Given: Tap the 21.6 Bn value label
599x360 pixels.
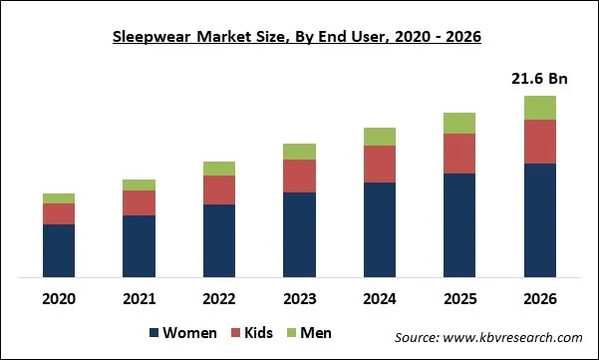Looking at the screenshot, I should click(539, 78).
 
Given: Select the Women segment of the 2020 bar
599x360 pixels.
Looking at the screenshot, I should click(59, 250).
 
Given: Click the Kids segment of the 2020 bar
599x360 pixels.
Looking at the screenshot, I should click(59, 213).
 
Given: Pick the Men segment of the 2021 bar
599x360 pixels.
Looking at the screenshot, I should click(139, 184).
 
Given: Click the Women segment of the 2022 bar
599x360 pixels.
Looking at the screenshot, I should click(219, 240).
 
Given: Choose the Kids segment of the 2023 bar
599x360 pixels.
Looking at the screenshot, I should click(299, 176).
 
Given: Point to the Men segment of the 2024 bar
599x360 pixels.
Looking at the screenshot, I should click(380, 137).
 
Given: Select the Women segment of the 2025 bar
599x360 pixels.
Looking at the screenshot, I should click(459, 224).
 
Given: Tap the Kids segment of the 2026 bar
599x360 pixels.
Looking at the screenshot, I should click(539, 142).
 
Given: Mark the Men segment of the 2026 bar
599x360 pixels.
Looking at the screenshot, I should click(539, 108).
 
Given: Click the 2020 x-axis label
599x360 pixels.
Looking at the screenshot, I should click(59, 297).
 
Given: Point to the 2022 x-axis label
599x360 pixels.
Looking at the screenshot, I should click(219, 297).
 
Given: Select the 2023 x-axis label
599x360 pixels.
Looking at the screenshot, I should click(299, 297).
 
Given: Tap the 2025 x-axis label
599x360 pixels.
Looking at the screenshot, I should click(459, 297).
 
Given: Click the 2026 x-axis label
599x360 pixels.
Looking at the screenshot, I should click(539, 297).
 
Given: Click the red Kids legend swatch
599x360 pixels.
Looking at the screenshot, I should click(236, 332).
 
